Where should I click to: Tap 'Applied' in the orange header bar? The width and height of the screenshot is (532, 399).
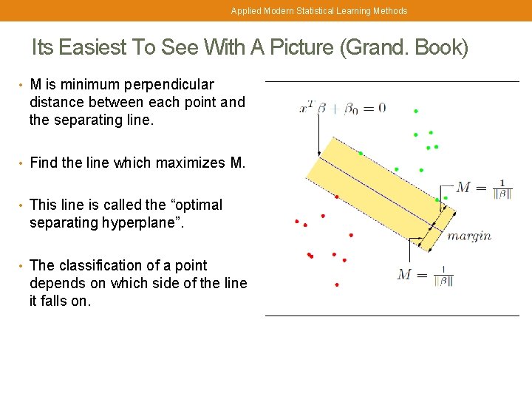[x=245, y=11]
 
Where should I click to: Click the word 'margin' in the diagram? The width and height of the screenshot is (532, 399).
[x=469, y=236]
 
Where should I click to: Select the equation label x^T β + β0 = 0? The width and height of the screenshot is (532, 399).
[x=342, y=108]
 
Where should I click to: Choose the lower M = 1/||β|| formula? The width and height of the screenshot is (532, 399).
[x=425, y=275]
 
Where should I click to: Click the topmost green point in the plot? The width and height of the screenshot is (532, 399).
[x=416, y=112]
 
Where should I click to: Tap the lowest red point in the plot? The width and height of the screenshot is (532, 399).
[x=337, y=284]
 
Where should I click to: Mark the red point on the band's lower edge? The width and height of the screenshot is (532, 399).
[x=337, y=197]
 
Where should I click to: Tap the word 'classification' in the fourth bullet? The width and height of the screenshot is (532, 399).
[x=100, y=265]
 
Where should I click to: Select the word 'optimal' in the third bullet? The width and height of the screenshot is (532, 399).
[x=199, y=205]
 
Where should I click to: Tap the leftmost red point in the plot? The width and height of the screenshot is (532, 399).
[x=297, y=221]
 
